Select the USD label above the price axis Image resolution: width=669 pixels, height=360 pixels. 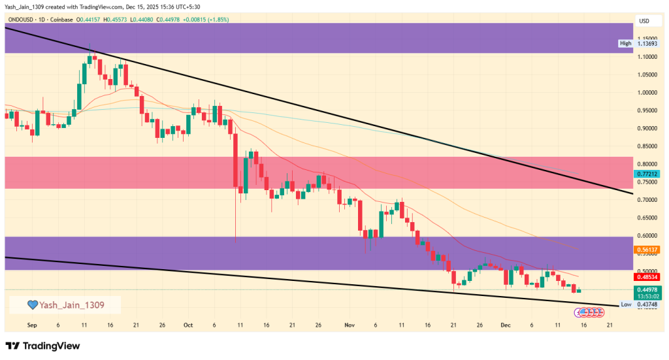(644, 21)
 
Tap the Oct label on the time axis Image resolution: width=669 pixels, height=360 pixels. (188, 325)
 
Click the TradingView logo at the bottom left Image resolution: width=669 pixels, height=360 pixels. (42, 346)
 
